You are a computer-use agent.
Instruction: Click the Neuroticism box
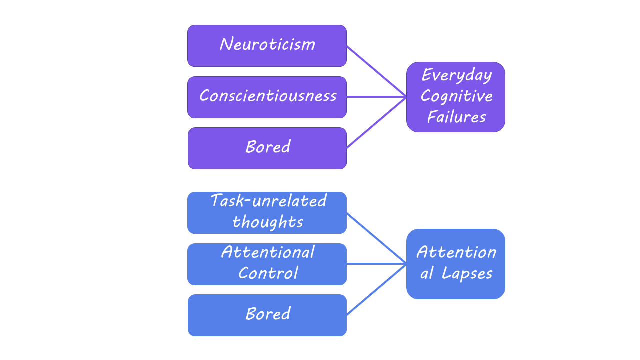click(x=267, y=46)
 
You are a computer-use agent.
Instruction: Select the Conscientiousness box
click(x=267, y=97)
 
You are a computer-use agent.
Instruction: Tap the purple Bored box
click(x=267, y=148)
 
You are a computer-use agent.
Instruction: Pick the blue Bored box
click(x=267, y=315)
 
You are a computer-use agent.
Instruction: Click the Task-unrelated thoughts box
click(x=267, y=213)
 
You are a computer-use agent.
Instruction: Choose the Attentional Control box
click(x=267, y=264)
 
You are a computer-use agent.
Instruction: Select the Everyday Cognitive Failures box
click(x=455, y=97)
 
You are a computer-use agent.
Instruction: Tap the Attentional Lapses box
click(x=455, y=264)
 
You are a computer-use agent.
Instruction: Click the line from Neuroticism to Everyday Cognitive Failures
click(x=376, y=71)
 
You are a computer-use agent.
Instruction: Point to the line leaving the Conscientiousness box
click(x=376, y=97)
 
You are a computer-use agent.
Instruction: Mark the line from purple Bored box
click(x=376, y=123)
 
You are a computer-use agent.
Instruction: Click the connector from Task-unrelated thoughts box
click(x=376, y=238)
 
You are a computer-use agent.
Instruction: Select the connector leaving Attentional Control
click(x=376, y=264)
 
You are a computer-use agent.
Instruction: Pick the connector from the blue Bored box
click(x=376, y=290)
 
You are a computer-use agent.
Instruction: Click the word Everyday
click(x=456, y=76)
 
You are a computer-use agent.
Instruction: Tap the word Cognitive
click(x=456, y=96)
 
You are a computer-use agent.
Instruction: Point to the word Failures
click(x=456, y=117)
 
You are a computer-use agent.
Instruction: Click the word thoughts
click(x=268, y=222)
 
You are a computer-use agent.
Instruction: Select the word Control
click(x=268, y=274)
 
